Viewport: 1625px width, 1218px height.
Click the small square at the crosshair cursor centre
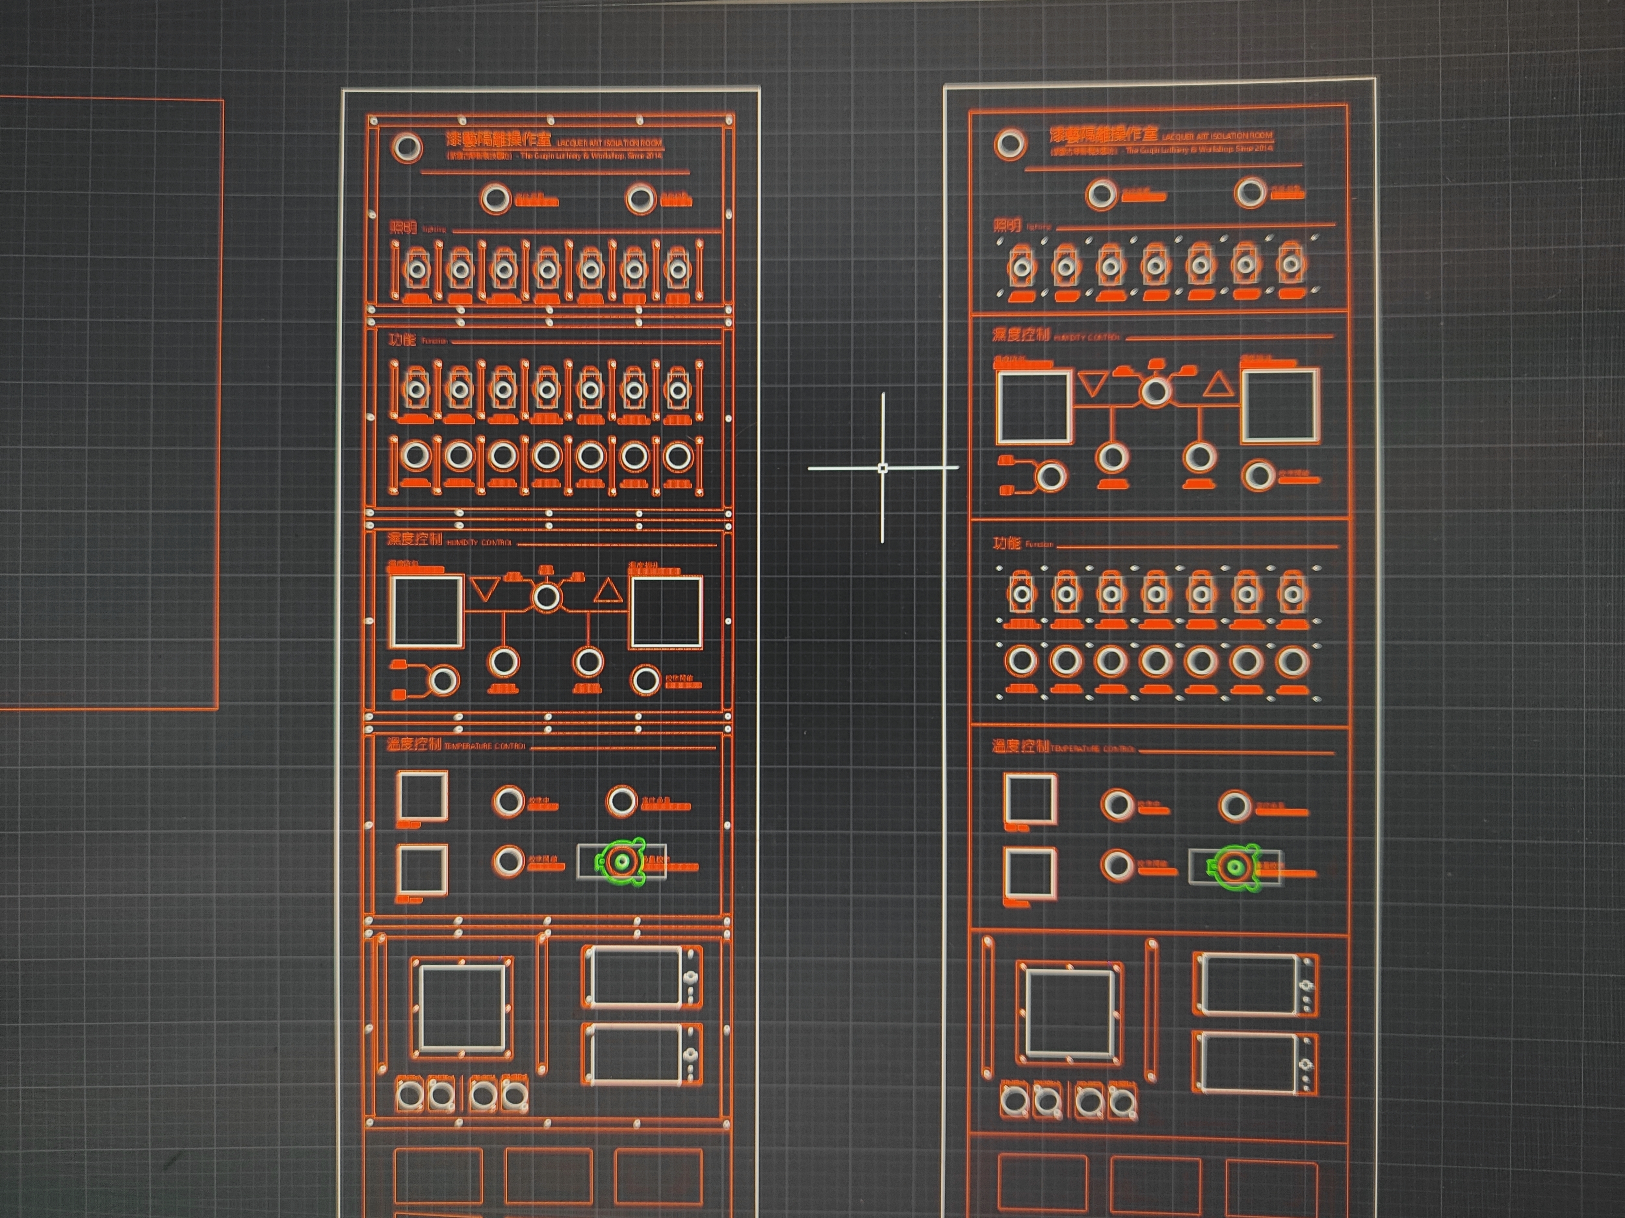[883, 467]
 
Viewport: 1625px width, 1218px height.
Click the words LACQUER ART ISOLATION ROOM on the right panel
[1217, 137]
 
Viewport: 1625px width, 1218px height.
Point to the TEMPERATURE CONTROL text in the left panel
[485, 746]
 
